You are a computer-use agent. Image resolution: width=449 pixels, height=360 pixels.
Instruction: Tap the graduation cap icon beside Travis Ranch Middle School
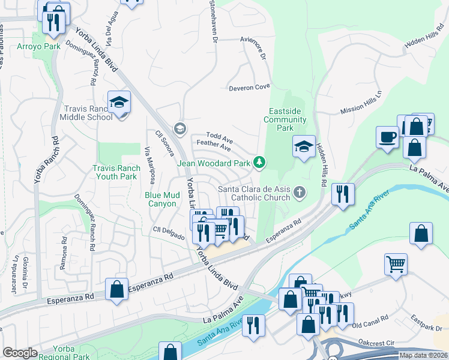[119, 101]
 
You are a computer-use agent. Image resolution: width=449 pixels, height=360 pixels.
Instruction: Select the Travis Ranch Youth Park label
[116, 173]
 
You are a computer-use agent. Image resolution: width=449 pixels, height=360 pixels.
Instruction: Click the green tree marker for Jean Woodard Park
[259, 162]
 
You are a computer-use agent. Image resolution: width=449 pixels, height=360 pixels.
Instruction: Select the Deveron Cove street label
[249, 88]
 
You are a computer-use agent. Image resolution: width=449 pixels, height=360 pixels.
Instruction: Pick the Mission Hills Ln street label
[361, 103]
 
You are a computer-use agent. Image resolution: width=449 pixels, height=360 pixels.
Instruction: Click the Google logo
[20, 353]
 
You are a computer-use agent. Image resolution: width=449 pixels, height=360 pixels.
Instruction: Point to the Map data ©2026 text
[423, 355]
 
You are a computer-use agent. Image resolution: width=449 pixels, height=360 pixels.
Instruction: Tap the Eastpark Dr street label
[427, 322]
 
